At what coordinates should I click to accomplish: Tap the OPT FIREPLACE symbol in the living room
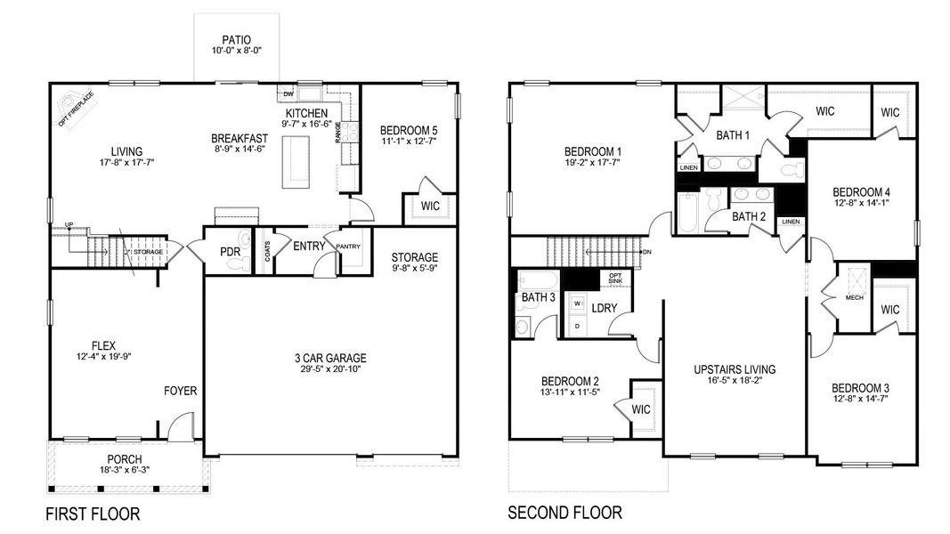[69, 104]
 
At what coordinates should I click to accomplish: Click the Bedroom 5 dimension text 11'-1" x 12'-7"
[408, 140]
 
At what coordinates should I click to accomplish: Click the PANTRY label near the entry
[347, 246]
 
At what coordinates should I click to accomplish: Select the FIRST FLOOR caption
[93, 514]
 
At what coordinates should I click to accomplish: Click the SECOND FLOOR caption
[564, 513]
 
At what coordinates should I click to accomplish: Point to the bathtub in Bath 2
[689, 212]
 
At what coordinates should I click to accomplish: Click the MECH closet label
[854, 298]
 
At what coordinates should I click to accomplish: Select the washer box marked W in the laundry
[577, 304]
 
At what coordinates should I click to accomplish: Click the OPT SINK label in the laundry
[615, 279]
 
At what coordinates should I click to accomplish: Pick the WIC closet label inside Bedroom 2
[642, 409]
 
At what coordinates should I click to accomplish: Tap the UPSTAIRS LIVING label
[735, 369]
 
